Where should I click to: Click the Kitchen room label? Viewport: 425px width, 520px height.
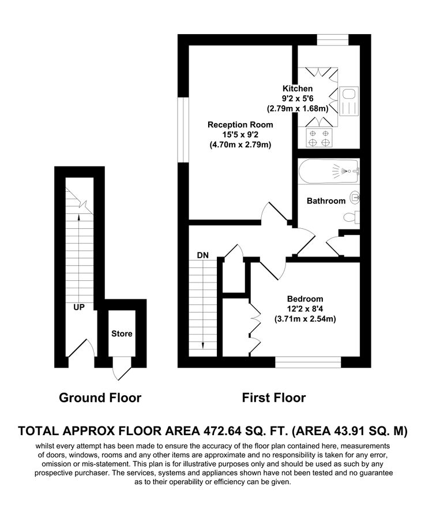[298, 88]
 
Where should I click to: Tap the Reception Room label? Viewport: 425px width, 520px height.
[240, 124]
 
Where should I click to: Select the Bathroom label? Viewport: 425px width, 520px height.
[326, 201]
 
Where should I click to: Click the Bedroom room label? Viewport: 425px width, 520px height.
[305, 299]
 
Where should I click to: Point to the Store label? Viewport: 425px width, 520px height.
[122, 333]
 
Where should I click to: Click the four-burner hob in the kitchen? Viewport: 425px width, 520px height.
[319, 138]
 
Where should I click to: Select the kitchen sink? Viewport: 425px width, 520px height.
[349, 101]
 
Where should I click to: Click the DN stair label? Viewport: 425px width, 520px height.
[202, 255]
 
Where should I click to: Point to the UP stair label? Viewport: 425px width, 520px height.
[79, 307]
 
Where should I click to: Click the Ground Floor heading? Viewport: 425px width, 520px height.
[100, 398]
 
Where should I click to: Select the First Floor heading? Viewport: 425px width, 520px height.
[273, 398]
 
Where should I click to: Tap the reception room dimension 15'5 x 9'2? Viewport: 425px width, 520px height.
[240, 135]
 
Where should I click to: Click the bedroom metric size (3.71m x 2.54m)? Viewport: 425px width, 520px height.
[305, 318]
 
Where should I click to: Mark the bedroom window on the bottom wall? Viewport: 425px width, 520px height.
[308, 362]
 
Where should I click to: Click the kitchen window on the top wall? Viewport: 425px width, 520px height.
[333, 39]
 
